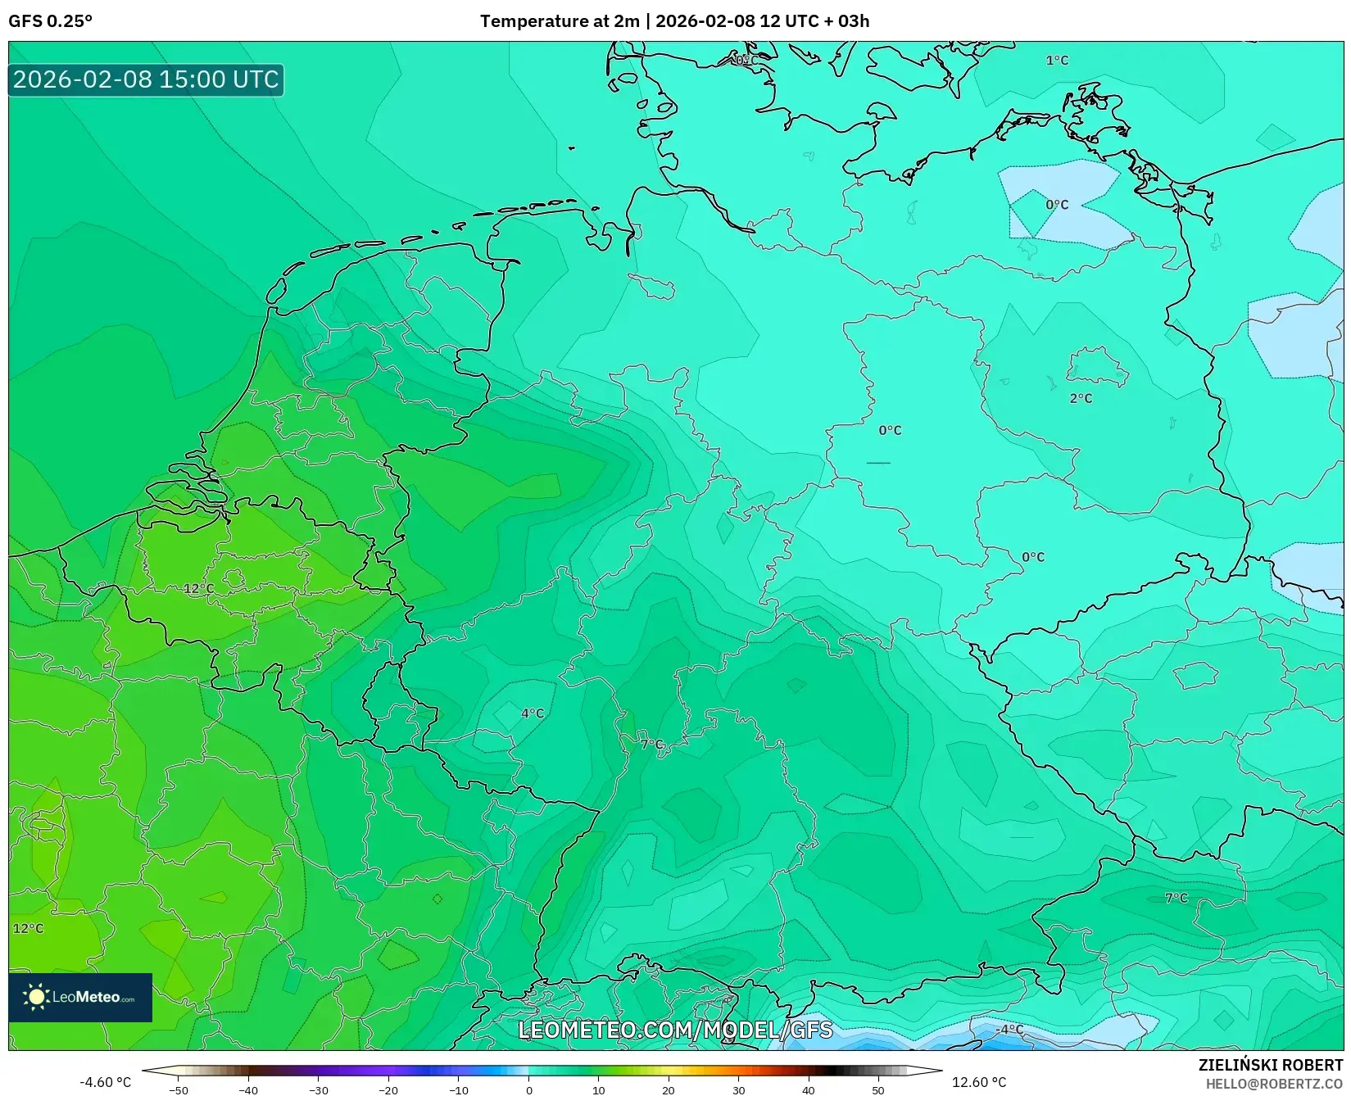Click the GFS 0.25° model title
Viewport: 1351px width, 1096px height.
pyautogui.click(x=50, y=21)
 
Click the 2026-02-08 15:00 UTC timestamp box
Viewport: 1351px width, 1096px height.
pyautogui.click(x=146, y=79)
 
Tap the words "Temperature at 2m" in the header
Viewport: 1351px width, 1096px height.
pyautogui.click(x=560, y=21)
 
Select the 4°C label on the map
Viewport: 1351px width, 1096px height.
pyautogui.click(x=533, y=713)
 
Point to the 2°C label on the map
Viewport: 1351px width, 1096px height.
pyautogui.click(x=1081, y=399)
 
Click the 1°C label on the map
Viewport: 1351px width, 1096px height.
pyautogui.click(x=1057, y=61)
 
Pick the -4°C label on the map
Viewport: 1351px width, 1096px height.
pyautogui.click(x=1009, y=1030)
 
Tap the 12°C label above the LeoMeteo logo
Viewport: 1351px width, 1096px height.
pyautogui.click(x=28, y=929)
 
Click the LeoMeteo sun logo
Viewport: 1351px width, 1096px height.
pyautogui.click(x=37, y=997)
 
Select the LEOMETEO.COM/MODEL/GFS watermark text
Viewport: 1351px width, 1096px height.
pyautogui.click(x=675, y=1030)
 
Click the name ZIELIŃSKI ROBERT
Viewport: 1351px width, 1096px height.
pyautogui.click(x=1271, y=1066)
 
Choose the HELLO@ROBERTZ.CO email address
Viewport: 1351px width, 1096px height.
pyautogui.click(x=1274, y=1084)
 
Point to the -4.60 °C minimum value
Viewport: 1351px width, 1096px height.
pyautogui.click(x=105, y=1083)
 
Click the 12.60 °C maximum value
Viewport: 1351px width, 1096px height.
pyautogui.click(x=979, y=1083)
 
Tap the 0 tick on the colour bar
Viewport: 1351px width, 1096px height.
pyautogui.click(x=529, y=1090)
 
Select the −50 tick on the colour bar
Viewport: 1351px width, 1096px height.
pyautogui.click(x=179, y=1090)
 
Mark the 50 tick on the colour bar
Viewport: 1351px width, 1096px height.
pyautogui.click(x=878, y=1090)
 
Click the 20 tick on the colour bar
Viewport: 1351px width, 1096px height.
pyautogui.click(x=669, y=1090)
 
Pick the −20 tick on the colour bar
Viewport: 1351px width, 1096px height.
pyautogui.click(x=388, y=1090)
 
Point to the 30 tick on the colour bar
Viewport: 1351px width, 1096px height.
pyautogui.click(x=739, y=1090)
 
